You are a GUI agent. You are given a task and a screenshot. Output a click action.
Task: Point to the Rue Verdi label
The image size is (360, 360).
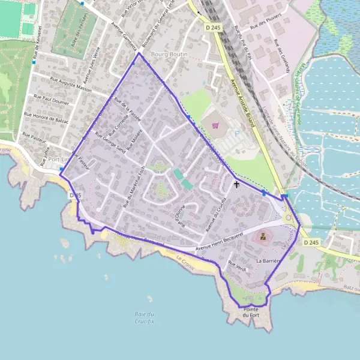coord(238,264)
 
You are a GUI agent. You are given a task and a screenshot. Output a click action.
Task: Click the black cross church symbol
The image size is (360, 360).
coord(236,184)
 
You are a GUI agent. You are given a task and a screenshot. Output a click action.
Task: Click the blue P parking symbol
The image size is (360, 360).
coord(236,134)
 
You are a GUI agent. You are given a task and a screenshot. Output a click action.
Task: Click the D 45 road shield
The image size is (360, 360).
coord(75,196)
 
